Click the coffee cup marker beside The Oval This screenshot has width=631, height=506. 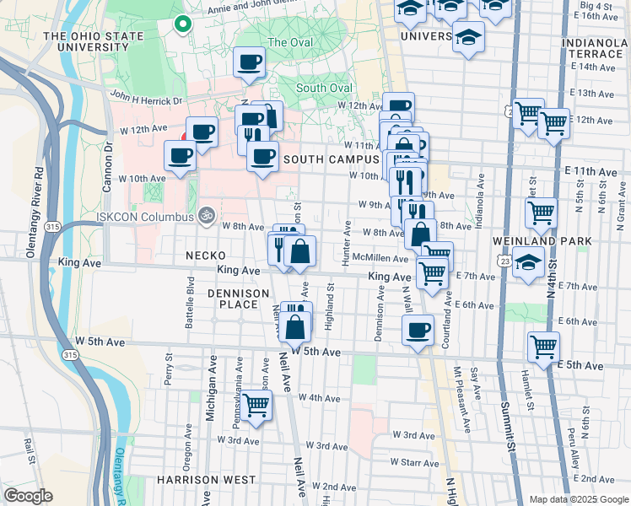pyautogui.click(x=250, y=62)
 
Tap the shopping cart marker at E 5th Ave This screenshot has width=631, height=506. pyautogui.click(x=543, y=345)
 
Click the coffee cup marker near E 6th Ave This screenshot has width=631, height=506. pyautogui.click(x=418, y=330)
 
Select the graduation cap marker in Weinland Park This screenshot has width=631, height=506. pyautogui.click(x=529, y=263)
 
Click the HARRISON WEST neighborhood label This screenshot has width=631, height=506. pyautogui.click(x=206, y=479)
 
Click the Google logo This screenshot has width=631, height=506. pyautogui.click(x=27, y=496)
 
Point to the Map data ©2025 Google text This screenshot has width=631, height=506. pyautogui.click(x=578, y=499)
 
